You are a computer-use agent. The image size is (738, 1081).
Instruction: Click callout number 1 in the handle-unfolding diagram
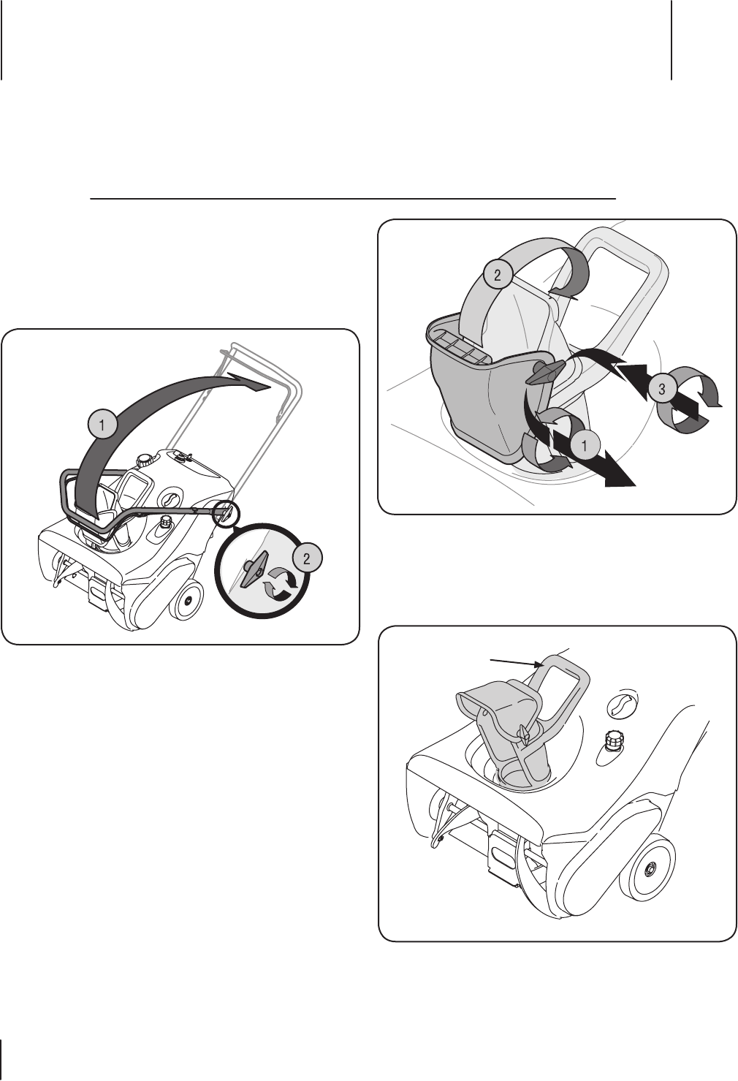[x=102, y=425]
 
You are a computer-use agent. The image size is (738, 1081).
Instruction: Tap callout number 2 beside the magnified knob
[x=306, y=559]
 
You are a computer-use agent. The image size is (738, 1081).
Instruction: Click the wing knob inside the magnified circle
[x=253, y=570]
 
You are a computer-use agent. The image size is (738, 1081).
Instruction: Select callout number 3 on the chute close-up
[x=662, y=389]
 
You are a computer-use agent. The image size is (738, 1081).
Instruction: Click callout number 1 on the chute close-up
[x=584, y=445]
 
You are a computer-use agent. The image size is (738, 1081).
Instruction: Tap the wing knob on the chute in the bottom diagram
[x=523, y=734]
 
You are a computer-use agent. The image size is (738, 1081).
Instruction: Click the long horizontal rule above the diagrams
[x=353, y=198]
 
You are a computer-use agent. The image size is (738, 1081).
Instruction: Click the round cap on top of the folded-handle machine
[x=144, y=461]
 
